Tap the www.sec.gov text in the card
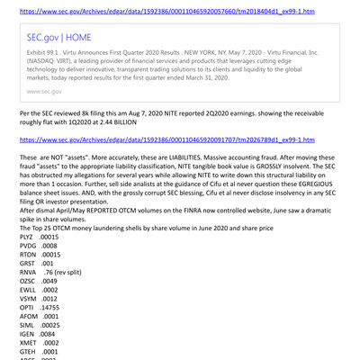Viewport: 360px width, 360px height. click(x=52, y=92)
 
